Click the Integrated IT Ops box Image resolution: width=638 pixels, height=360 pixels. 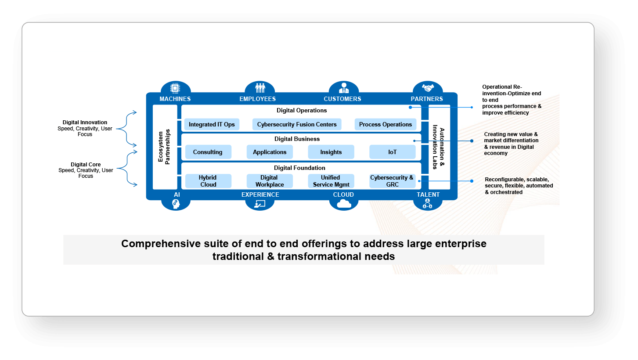click(212, 124)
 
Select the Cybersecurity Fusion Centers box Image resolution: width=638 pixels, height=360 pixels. click(297, 124)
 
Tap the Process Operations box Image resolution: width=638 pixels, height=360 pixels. click(386, 124)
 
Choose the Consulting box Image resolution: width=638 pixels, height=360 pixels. click(208, 152)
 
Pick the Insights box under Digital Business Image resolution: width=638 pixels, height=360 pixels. click(331, 152)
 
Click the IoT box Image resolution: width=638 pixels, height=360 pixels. click(392, 152)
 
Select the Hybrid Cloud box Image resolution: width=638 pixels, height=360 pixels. click(208, 181)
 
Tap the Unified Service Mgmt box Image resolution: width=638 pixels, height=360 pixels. click(331, 181)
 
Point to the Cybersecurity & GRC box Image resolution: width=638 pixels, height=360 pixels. click(392, 181)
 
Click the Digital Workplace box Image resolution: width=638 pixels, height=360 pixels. click(269, 181)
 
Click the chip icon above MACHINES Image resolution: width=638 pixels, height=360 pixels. click(175, 88)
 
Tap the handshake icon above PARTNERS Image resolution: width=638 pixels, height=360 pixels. click(427, 88)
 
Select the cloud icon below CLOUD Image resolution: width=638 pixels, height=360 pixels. click(343, 204)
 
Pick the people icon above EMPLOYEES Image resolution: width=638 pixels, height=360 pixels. click(260, 88)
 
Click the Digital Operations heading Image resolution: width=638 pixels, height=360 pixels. click(302, 111)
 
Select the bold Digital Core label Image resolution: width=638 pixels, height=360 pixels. click(86, 165)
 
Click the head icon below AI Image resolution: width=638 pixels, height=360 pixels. click(175, 204)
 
